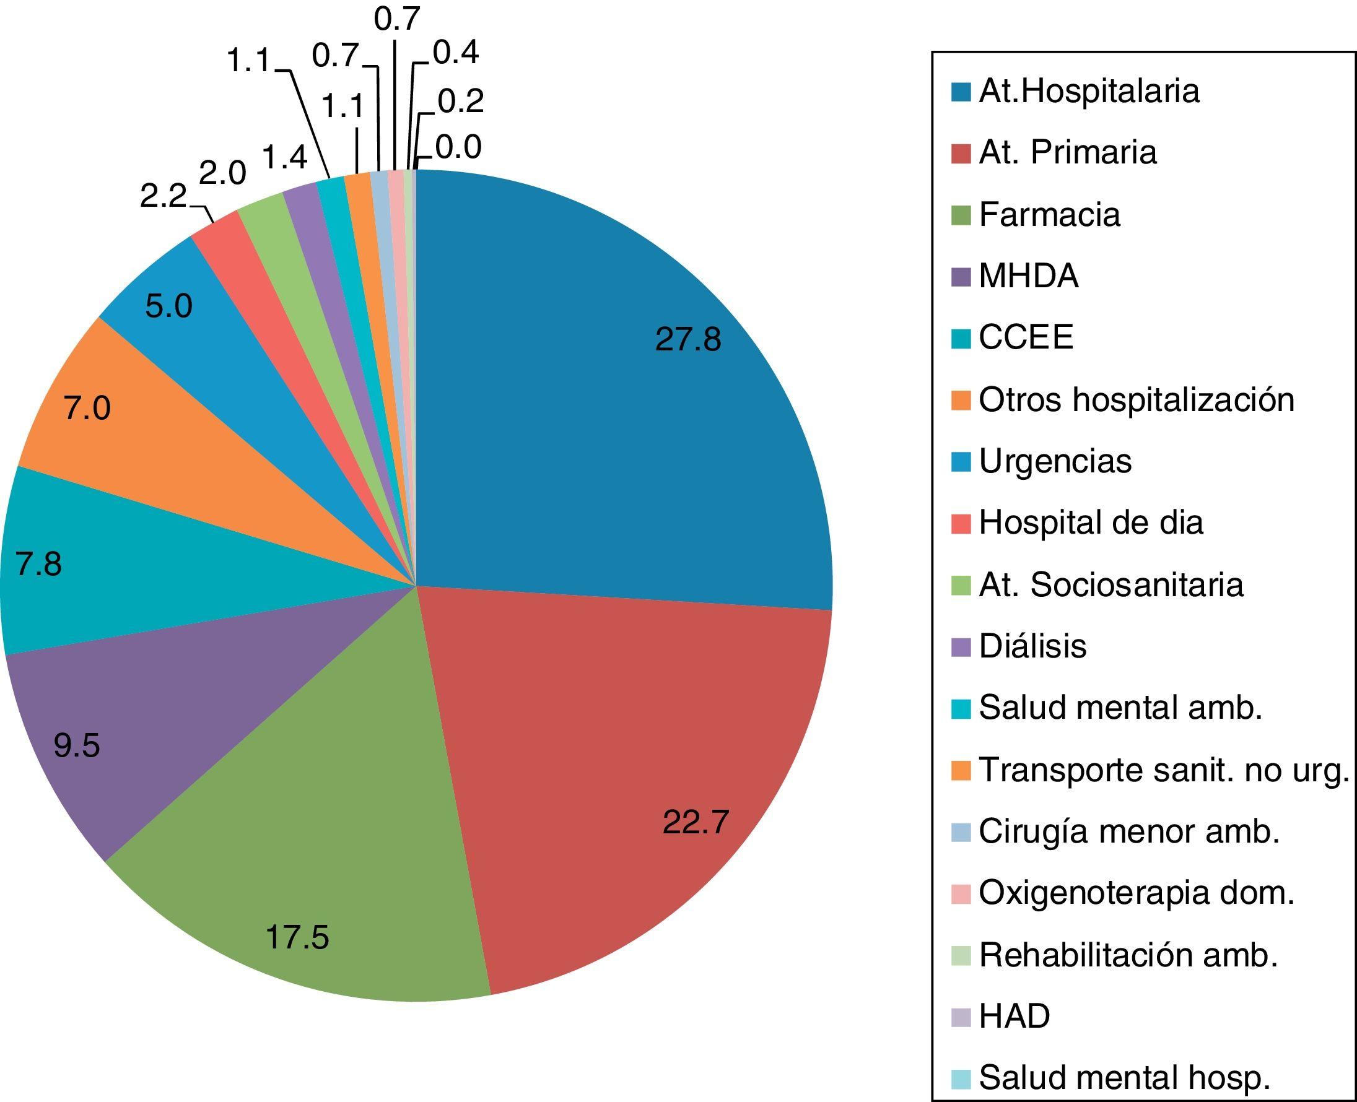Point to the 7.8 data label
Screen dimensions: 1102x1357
click(x=39, y=565)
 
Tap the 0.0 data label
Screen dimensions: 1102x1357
click(x=458, y=148)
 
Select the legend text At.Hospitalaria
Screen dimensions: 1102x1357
click(x=1089, y=92)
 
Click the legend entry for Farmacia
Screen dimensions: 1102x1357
click(x=1049, y=215)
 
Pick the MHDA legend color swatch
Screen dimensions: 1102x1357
click(x=961, y=277)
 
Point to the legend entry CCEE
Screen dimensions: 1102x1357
click(x=1026, y=337)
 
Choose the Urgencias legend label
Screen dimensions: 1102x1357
click(x=1055, y=461)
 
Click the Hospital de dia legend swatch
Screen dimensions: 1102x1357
click(x=961, y=524)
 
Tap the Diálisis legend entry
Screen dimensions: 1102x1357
click(x=1032, y=647)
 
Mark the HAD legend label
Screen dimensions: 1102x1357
click(x=1014, y=1017)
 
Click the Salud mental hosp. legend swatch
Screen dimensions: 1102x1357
click(x=961, y=1078)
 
